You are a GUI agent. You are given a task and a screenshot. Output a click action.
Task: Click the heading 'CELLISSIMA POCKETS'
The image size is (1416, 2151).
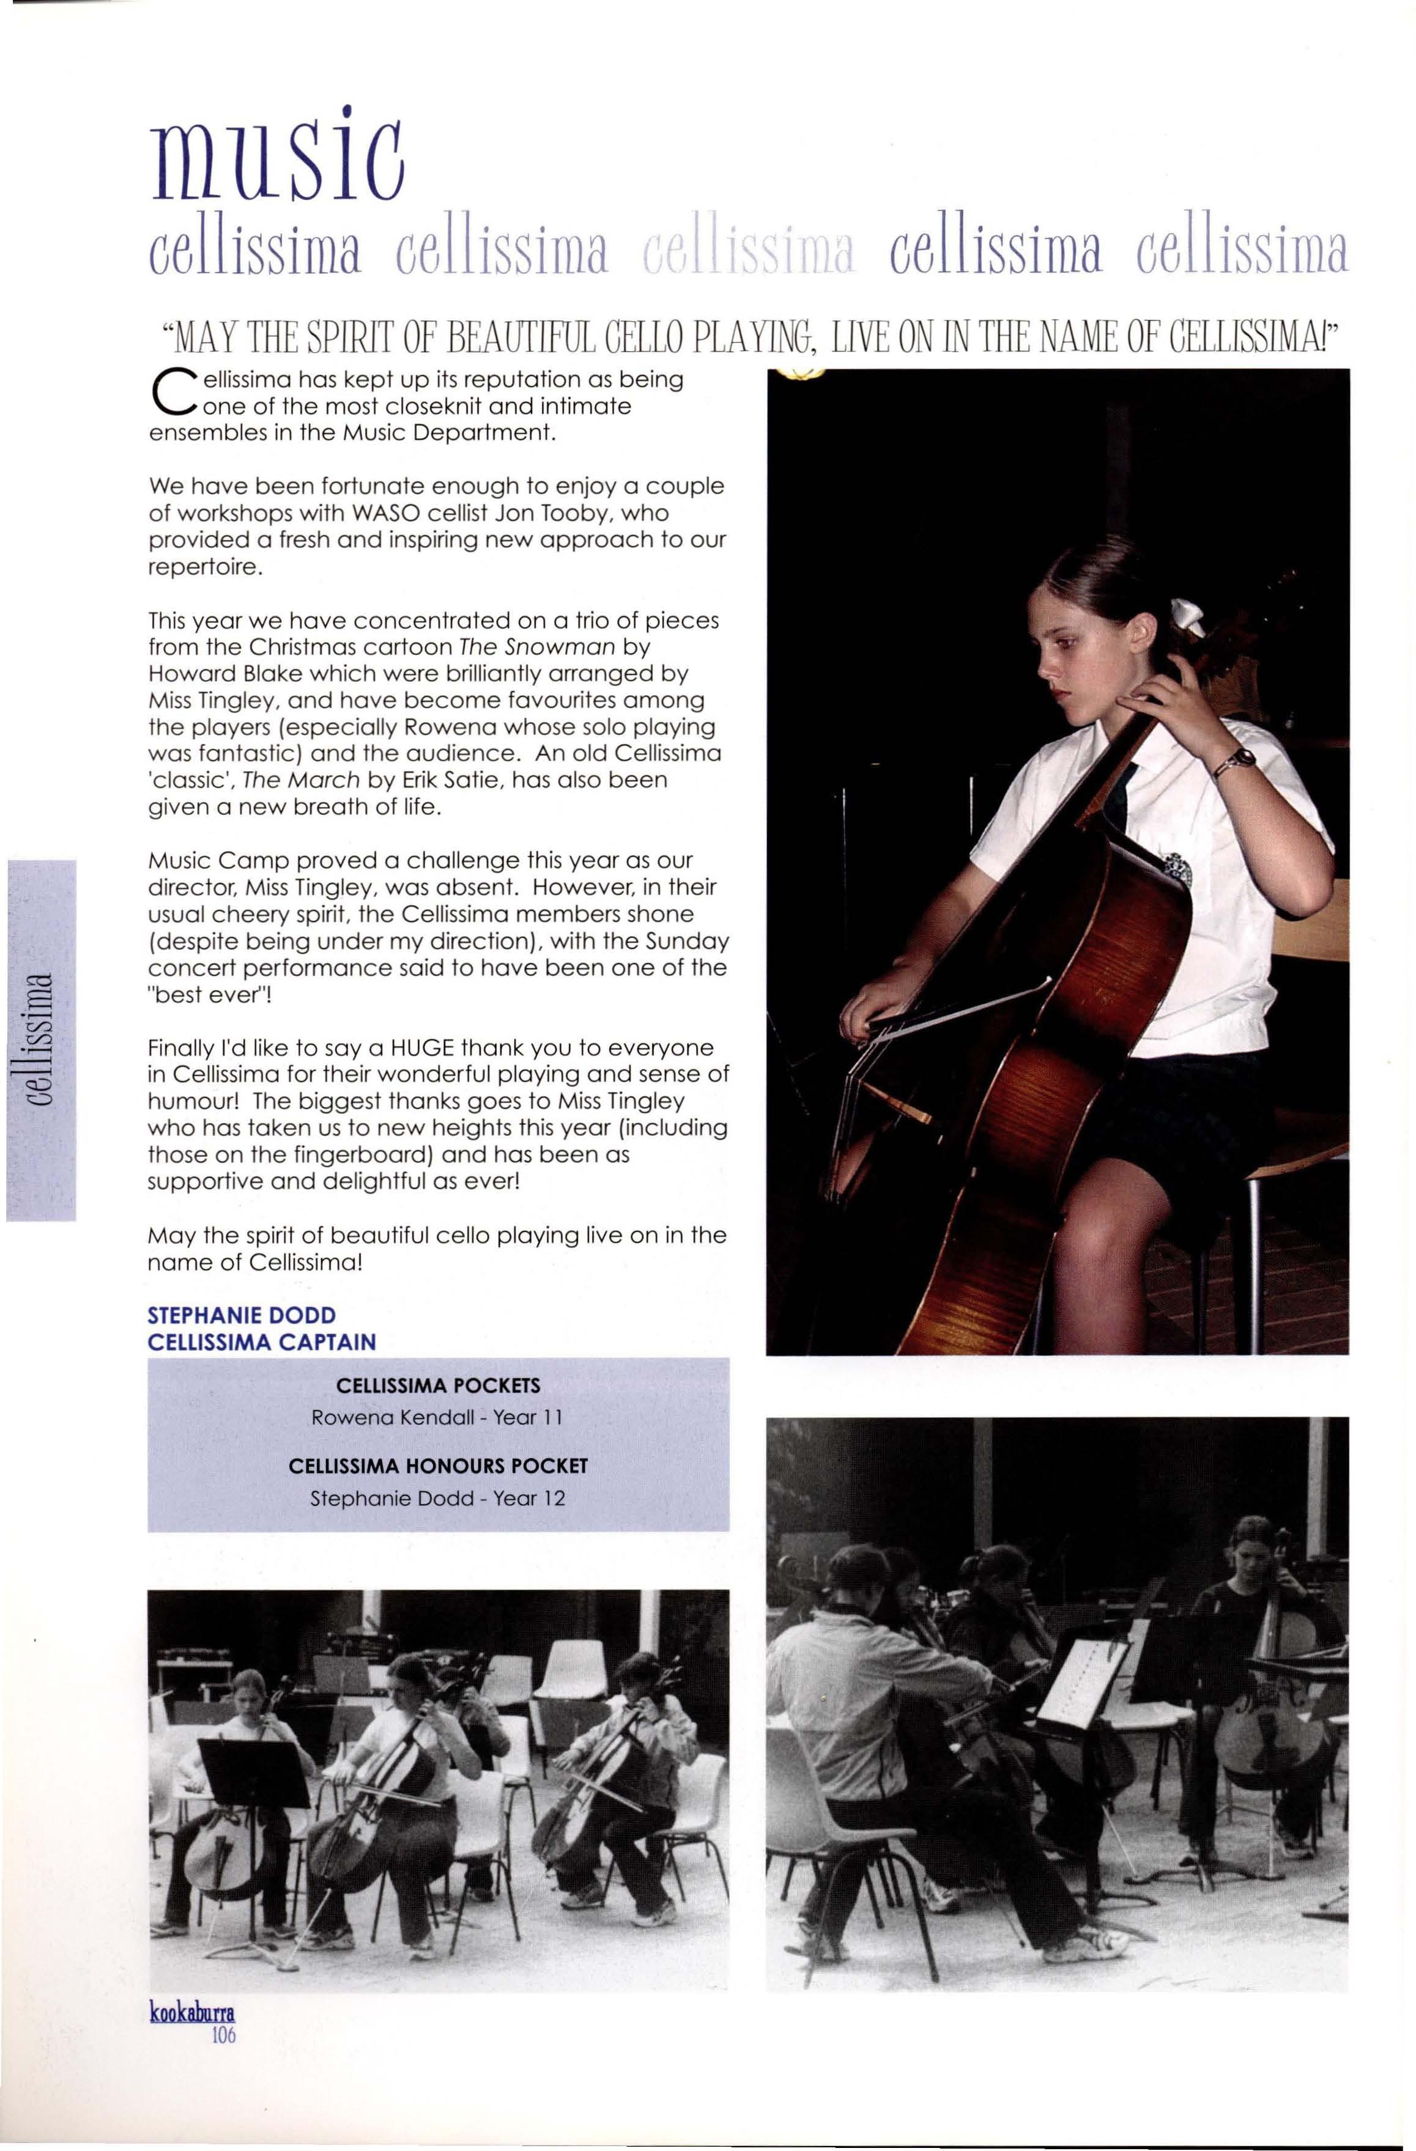coord(437,1385)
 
